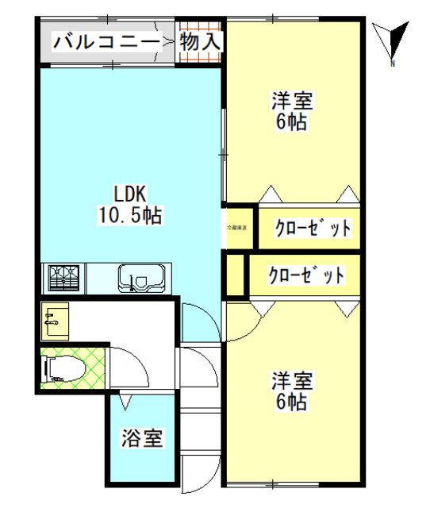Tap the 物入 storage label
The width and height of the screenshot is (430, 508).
coord(199,42)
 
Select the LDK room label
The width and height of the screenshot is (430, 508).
coord(129,193)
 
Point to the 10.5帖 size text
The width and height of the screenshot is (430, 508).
coord(129,214)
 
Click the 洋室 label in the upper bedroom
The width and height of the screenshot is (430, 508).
coord(292,102)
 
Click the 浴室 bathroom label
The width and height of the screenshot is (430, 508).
coord(143,437)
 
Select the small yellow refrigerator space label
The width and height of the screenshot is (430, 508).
coord(237,229)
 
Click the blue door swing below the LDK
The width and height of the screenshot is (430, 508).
coord(195,322)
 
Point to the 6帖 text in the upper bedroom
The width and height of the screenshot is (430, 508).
coord(292,122)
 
